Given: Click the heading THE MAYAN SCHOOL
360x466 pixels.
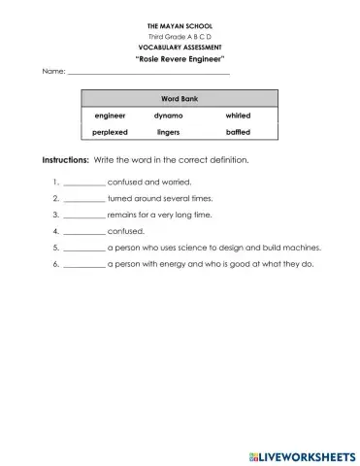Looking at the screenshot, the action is pyautogui.click(x=180, y=25).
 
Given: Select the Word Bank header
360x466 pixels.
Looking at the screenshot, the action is pyautogui.click(x=180, y=99).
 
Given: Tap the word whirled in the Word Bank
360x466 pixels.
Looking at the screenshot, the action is pyautogui.click(x=238, y=116).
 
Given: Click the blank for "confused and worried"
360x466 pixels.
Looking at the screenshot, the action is pyautogui.click(x=83, y=183).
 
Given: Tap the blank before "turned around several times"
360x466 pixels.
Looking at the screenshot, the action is pyautogui.click(x=83, y=199).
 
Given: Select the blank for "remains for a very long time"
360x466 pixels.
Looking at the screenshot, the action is pyautogui.click(x=83, y=216).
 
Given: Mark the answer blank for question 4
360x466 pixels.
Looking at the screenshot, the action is pyautogui.click(x=83, y=232).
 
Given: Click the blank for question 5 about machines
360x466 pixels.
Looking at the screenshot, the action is pyautogui.click(x=83, y=249).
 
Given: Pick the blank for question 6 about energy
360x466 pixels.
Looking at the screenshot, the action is pyautogui.click(x=83, y=265).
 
